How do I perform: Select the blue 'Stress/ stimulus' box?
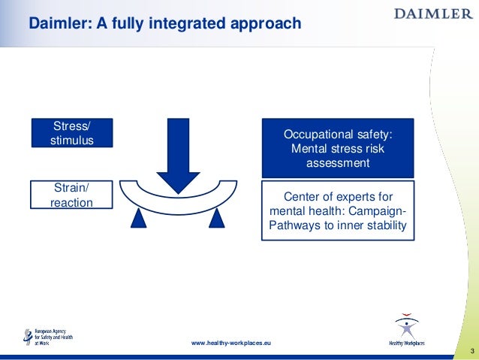[72, 133]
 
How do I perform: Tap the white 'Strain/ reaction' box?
[72, 194]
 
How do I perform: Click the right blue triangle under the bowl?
[217, 218]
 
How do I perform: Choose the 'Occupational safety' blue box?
[337, 148]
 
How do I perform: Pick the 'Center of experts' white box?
[337, 210]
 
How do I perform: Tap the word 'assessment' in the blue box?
[337, 162]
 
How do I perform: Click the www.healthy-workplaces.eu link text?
[231, 343]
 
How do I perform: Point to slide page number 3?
[471, 352]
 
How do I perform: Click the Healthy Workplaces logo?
[406, 331]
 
